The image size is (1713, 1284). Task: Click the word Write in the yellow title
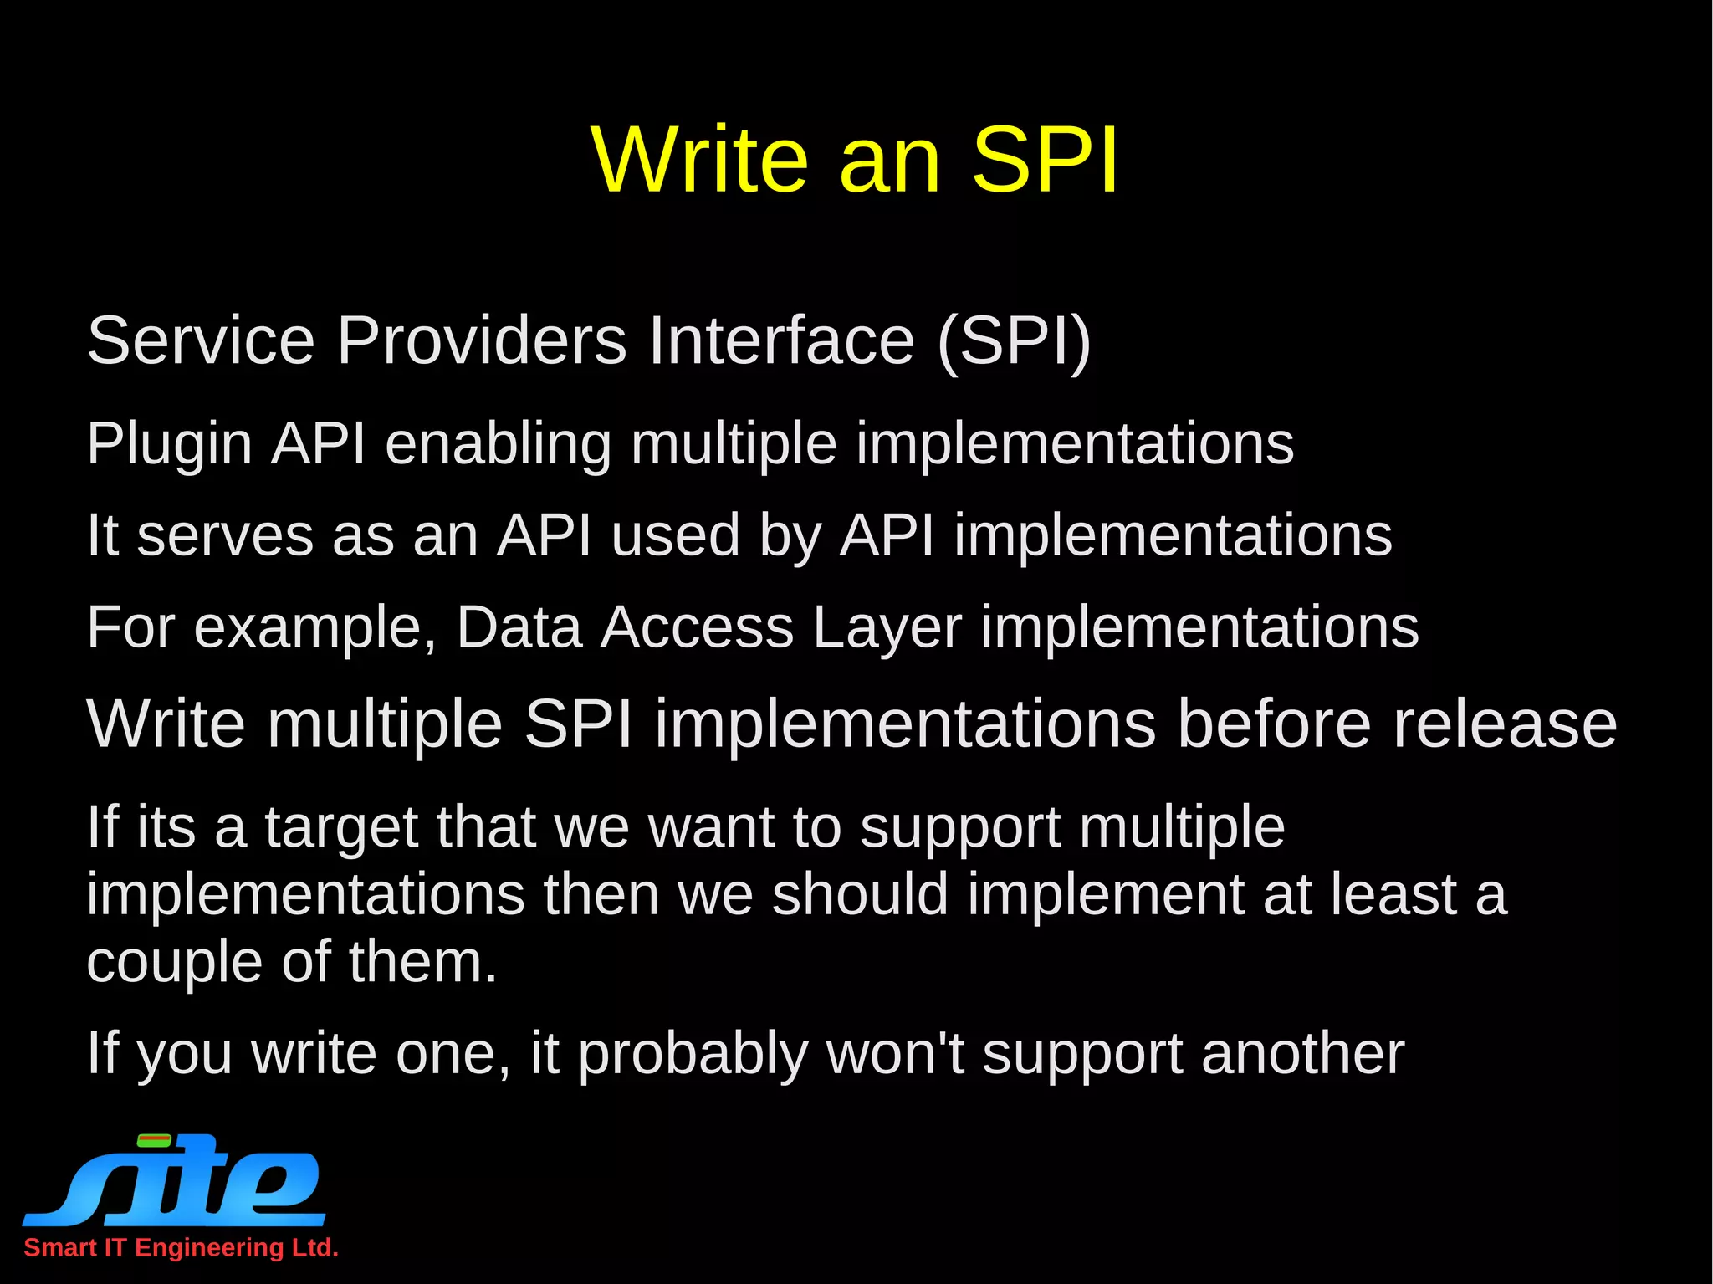699,160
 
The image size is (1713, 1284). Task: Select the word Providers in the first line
482,340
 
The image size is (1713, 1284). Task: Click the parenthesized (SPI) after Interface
1014,340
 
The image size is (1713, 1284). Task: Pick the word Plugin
169,444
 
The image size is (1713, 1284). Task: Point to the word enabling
499,442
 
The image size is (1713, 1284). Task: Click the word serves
225,535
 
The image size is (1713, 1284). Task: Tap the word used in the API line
676,535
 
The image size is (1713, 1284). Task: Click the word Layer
887,627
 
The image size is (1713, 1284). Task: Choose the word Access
697,627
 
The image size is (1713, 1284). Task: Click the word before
1274,724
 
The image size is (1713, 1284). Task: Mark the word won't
895,1053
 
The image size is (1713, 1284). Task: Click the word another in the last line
1302,1053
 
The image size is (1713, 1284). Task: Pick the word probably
693,1055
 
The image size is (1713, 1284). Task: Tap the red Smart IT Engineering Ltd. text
181,1247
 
